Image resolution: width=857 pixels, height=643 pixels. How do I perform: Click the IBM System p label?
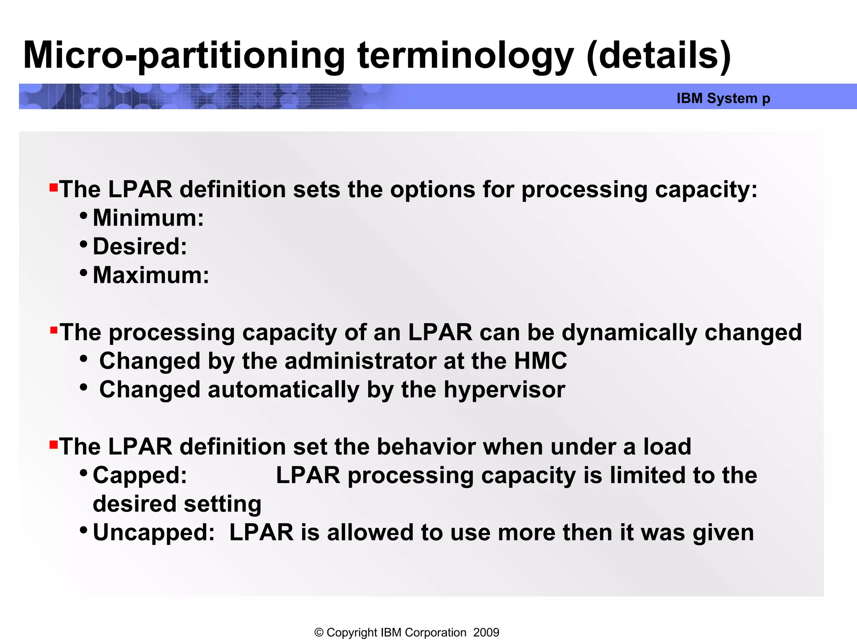(723, 98)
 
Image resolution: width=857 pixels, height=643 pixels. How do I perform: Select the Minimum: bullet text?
(148, 218)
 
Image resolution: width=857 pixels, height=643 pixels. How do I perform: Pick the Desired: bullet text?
(140, 247)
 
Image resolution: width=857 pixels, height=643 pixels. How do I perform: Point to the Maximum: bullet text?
(151, 275)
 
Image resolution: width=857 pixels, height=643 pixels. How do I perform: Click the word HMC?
(540, 361)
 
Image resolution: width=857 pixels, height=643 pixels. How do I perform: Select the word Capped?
(140, 476)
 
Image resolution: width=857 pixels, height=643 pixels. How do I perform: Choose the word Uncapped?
(154, 533)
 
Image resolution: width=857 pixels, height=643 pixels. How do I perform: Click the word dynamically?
(629, 333)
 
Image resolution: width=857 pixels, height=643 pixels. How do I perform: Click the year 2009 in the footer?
(486, 633)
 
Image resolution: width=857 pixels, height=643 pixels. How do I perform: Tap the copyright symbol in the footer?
(319, 633)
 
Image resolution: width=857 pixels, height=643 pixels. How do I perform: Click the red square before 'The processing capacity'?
(54, 331)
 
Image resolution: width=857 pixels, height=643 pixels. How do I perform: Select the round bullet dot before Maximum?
(84, 273)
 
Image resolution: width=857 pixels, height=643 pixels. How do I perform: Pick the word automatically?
(283, 390)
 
